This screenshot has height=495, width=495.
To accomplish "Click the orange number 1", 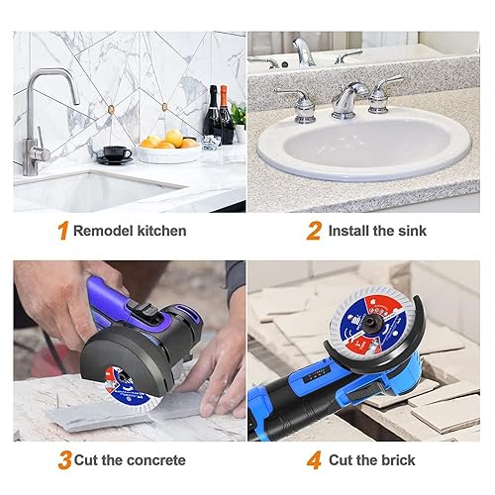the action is [x=62, y=230].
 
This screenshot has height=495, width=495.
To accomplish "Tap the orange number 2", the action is [x=314, y=231].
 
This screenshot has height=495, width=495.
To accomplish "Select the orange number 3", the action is [x=65, y=460].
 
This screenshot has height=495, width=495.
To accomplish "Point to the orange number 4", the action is [x=314, y=460].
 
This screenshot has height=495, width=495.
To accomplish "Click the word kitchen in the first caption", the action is [x=161, y=231].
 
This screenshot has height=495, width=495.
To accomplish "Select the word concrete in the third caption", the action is [x=156, y=460].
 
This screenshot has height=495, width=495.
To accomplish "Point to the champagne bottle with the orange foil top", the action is [x=226, y=115].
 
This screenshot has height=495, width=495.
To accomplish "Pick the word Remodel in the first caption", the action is [x=104, y=231].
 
